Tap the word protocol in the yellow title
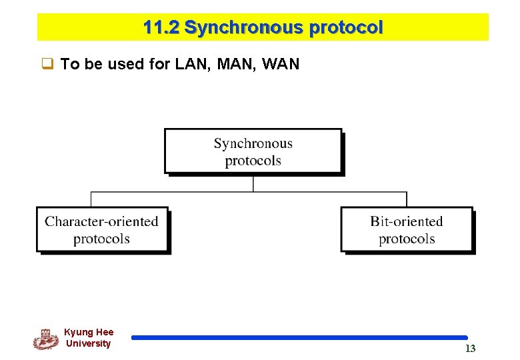[345, 28]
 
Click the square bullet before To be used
[47, 65]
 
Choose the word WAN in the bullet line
[281, 65]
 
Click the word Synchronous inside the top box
[253, 143]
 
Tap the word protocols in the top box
[253, 161]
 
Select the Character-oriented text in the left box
[101, 221]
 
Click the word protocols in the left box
[101, 239]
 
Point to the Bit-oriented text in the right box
[407, 221]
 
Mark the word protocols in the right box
[407, 239]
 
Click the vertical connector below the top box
[253, 183]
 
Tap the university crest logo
[45, 339]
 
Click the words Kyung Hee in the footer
[89, 332]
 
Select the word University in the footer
[89, 344]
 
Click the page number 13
[470, 349]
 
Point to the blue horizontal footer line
[299, 338]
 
